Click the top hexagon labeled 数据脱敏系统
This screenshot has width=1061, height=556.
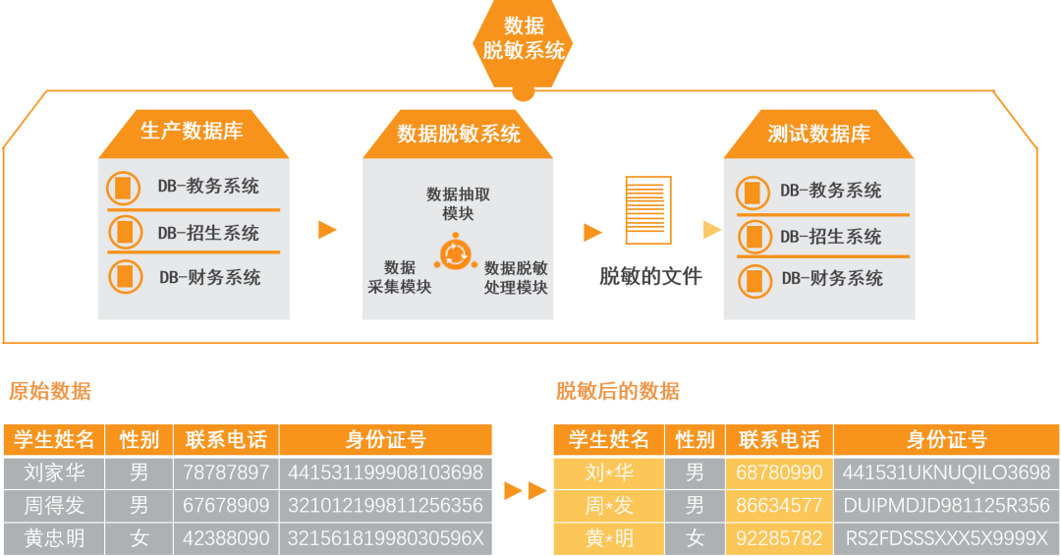(524, 39)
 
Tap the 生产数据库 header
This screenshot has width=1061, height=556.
(193, 131)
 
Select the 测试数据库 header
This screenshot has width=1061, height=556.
(819, 134)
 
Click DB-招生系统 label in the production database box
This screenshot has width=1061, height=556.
(208, 233)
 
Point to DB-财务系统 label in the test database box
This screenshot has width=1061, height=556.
(832, 279)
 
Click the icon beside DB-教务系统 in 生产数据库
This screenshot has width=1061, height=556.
(124, 187)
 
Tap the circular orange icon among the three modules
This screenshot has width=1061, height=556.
(454, 253)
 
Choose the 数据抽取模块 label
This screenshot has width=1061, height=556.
(458, 203)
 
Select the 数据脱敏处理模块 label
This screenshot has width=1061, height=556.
(516, 277)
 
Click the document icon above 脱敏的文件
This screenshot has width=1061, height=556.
(648, 209)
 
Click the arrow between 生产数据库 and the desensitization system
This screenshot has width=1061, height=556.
(327, 230)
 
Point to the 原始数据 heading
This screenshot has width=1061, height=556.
(49, 391)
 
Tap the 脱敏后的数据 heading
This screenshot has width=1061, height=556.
(617, 391)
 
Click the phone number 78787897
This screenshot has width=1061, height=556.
(226, 473)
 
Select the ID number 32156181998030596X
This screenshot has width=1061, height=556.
(385, 538)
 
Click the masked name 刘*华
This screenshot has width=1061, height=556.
(609, 473)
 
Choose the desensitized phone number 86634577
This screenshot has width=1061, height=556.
(779, 506)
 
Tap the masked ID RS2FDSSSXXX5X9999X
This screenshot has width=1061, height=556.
(947, 538)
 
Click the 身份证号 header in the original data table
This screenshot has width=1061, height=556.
(385, 439)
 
